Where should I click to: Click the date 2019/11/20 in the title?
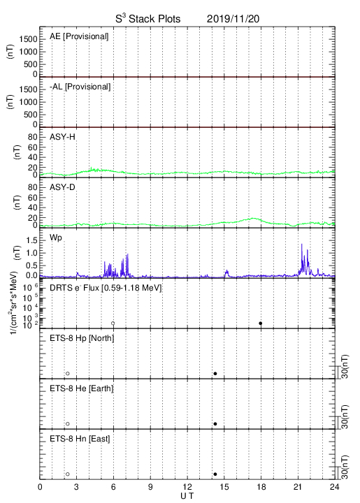tap(233, 19)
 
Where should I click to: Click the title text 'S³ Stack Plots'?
tap(148, 19)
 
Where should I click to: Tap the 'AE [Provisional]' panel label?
tap(79, 36)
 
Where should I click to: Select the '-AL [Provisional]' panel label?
tap(80, 87)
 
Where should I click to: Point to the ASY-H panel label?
tap(62, 137)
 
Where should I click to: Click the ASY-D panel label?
tap(62, 187)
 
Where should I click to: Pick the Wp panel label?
tap(56, 238)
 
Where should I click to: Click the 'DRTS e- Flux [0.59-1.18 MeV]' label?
tap(106, 288)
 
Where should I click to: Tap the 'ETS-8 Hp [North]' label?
tap(82, 338)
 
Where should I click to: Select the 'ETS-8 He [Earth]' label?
tap(82, 388)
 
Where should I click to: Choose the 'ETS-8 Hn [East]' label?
tap(80, 439)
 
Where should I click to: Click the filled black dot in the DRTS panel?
tap(261, 323)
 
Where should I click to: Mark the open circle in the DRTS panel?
tap(113, 323)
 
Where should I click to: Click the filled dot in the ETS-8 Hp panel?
tap(215, 373)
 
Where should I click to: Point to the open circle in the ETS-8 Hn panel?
tap(68, 474)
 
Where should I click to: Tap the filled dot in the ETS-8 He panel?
tap(215, 424)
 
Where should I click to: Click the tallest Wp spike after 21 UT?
tap(302, 244)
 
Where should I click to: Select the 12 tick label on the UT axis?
tap(187, 487)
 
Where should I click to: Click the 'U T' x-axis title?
tap(187, 496)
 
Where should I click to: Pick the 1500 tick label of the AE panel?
tap(28, 39)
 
